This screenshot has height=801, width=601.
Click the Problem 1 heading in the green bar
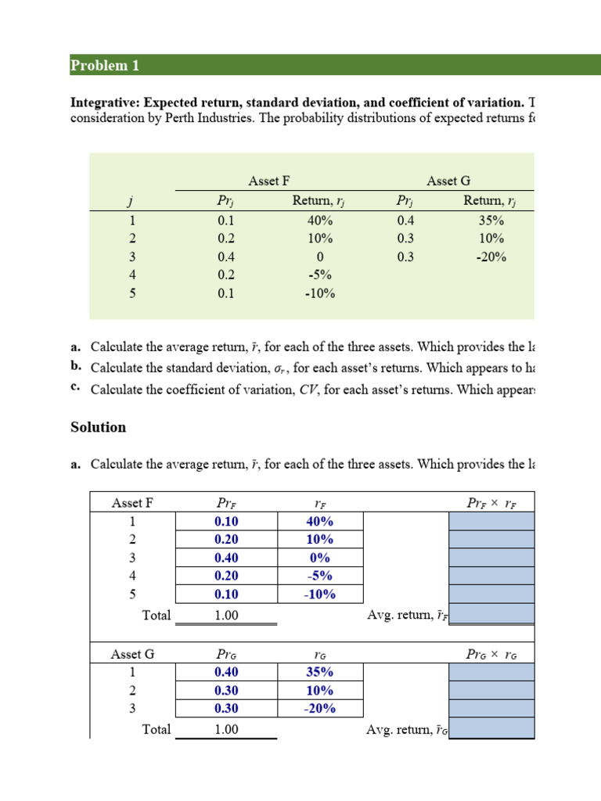(x=105, y=66)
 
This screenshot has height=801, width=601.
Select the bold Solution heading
(x=98, y=427)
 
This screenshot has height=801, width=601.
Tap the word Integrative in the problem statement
(x=105, y=103)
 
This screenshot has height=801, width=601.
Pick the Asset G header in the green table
(x=448, y=181)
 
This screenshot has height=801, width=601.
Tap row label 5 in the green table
(x=132, y=293)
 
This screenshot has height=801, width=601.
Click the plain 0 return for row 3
(x=319, y=257)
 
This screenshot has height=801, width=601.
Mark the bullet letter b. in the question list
(x=76, y=367)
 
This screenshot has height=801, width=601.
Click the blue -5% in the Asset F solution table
(x=319, y=576)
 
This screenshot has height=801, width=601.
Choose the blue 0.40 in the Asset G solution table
(x=226, y=672)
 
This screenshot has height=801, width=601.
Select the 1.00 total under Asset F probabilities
(x=226, y=616)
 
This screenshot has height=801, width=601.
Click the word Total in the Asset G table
(x=157, y=729)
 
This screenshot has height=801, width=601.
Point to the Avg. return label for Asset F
(x=407, y=616)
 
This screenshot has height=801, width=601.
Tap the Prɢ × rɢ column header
(x=491, y=654)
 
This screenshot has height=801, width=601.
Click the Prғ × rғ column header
(x=491, y=503)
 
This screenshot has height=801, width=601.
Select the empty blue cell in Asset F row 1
(x=491, y=521)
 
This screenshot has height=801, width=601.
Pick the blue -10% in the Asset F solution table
(x=319, y=594)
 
